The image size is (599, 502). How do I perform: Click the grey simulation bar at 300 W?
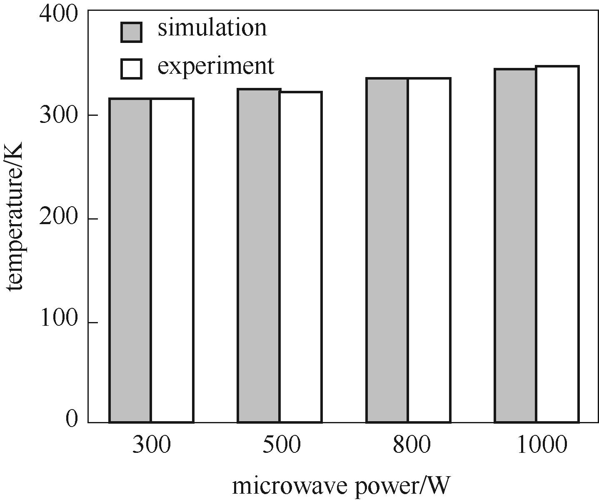[x=130, y=260]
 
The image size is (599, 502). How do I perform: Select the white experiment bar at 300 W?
[x=172, y=260]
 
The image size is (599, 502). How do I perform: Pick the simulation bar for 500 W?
[x=259, y=256]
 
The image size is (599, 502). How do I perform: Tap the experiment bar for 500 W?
[x=300, y=257]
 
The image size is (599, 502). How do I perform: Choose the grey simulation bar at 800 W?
[x=387, y=250]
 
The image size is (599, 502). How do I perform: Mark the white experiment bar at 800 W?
[x=429, y=250]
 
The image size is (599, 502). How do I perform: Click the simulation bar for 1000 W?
[x=515, y=246]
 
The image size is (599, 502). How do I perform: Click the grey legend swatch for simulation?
[x=131, y=32]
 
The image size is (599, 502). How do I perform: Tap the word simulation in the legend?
[x=212, y=28]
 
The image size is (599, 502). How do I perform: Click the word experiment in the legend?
[x=216, y=65]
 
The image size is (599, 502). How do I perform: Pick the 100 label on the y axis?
[x=59, y=319]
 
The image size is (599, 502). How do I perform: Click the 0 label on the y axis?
[x=72, y=419]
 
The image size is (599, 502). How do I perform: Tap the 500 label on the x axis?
[x=281, y=445]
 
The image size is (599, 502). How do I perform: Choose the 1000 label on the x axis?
[x=542, y=445]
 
